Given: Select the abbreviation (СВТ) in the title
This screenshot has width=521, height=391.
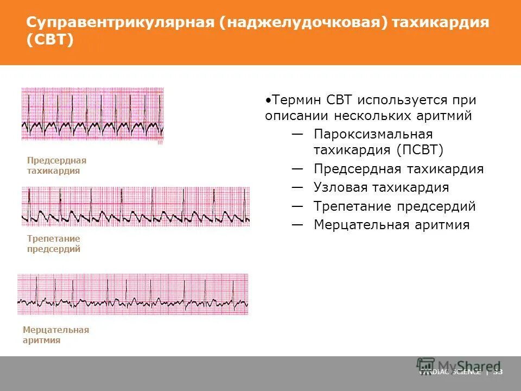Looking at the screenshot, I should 50,41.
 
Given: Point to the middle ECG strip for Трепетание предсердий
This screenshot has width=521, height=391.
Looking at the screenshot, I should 136,206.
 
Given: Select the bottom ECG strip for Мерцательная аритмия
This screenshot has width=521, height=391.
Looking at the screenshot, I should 133,294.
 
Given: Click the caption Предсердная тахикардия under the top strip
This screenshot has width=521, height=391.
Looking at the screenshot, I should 56,166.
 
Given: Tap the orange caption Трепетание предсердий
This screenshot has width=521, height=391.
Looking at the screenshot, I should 54,244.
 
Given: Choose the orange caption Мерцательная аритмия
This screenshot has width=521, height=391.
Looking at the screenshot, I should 56,335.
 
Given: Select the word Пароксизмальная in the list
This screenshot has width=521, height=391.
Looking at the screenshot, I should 373,134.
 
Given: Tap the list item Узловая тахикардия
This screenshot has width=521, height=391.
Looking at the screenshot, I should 381,187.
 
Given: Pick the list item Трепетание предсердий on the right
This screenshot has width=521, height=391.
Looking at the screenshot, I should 395,206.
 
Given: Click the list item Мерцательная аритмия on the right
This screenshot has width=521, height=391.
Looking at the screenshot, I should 391,225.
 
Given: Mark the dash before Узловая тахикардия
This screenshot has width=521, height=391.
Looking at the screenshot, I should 297,187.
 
